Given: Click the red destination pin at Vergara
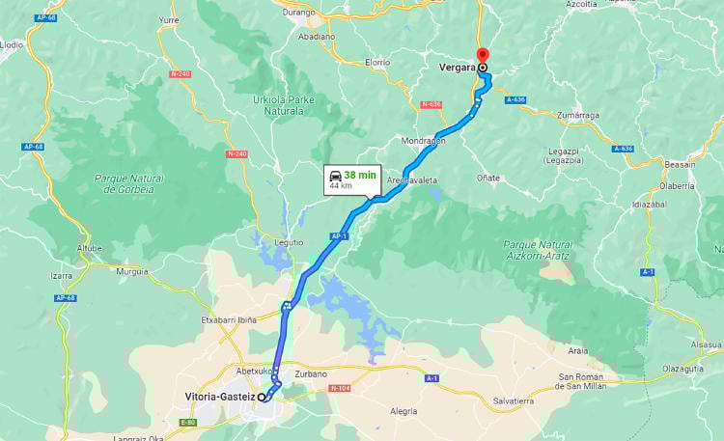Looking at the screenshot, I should tap(483, 55).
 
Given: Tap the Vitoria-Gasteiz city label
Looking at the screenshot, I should tap(220, 397).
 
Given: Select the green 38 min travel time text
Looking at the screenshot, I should tap(360, 175).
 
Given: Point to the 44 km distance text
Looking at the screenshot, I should tap(341, 186).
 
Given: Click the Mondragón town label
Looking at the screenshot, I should tap(423, 140).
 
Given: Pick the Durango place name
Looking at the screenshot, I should tap(300, 13).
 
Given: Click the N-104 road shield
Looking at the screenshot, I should tap(339, 388).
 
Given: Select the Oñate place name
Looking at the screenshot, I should tap(488, 178).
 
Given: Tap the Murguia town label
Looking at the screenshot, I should tap(131, 272).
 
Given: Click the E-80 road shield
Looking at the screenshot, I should tap(187, 422).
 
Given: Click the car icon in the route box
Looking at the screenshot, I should tap(334, 175).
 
